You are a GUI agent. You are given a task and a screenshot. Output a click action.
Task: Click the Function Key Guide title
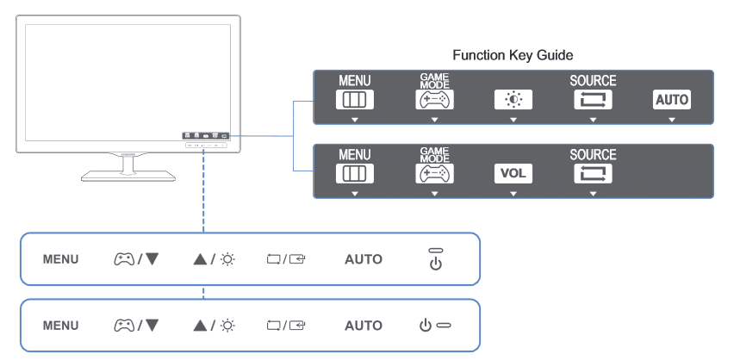point(513,55)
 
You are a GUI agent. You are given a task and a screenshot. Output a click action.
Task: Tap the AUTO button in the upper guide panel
point(672,100)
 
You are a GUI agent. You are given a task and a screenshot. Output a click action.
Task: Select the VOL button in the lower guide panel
point(513,174)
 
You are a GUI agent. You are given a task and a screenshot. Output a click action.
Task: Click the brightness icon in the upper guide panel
point(513,100)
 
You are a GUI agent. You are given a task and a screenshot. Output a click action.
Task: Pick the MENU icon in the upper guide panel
point(355,100)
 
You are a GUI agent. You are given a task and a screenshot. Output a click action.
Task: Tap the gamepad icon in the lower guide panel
point(434,174)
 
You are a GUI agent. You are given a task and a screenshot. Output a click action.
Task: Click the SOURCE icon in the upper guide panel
point(593,100)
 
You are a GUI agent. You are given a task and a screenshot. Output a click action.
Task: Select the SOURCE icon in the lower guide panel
point(593,174)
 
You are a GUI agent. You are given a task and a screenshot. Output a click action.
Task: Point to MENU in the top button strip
point(60,259)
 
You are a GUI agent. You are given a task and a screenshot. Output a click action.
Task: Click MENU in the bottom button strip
point(60,326)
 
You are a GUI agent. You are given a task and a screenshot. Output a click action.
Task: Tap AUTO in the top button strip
point(364,259)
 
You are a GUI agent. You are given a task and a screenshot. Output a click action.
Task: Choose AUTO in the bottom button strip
point(364,326)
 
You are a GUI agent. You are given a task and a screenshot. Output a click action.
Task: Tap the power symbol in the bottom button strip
point(425,325)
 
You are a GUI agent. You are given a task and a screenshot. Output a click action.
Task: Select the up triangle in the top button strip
point(200,259)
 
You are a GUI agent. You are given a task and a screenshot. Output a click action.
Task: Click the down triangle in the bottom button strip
point(152,325)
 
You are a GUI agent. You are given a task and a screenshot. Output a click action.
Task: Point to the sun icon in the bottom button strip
point(228,325)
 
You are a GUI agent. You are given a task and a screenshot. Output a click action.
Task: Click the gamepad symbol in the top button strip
point(124,259)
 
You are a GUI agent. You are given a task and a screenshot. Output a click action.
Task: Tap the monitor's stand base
point(128,176)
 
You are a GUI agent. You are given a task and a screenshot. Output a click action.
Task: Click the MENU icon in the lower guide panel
point(355,174)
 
